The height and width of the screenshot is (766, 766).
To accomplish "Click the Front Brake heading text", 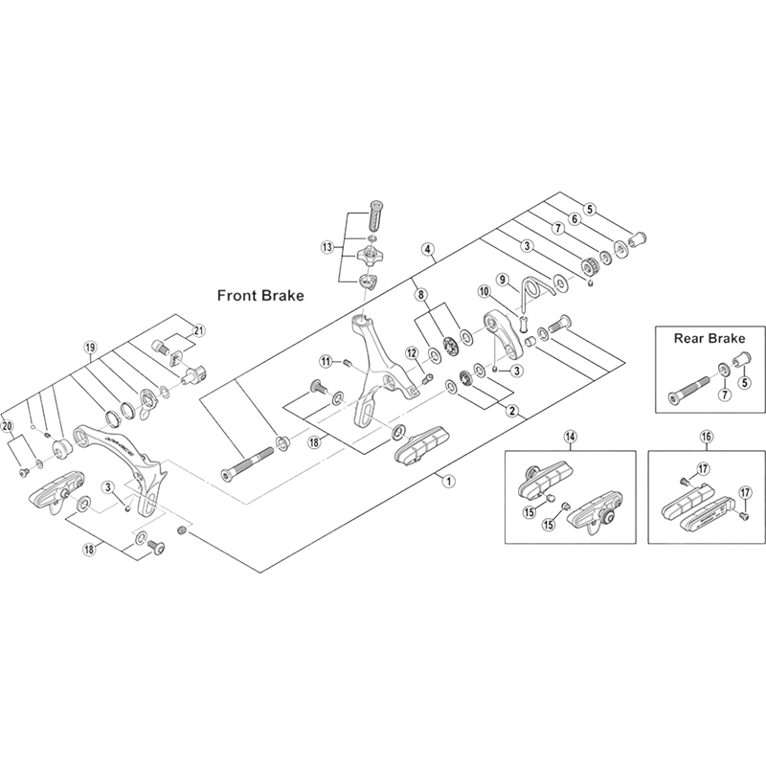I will tap(259, 296).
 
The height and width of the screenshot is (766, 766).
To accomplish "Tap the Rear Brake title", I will tap(710, 338).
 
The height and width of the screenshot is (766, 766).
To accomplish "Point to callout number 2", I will tap(512, 413).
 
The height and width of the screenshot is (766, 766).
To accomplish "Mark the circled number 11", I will tap(326, 361).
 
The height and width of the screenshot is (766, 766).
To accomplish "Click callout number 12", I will tap(411, 352).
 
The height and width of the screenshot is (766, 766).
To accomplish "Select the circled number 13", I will tap(327, 246).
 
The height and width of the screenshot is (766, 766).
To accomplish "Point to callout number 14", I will tap(569, 437).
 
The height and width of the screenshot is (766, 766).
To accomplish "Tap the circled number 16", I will tap(706, 437).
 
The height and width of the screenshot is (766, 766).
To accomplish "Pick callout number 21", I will tap(199, 330).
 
